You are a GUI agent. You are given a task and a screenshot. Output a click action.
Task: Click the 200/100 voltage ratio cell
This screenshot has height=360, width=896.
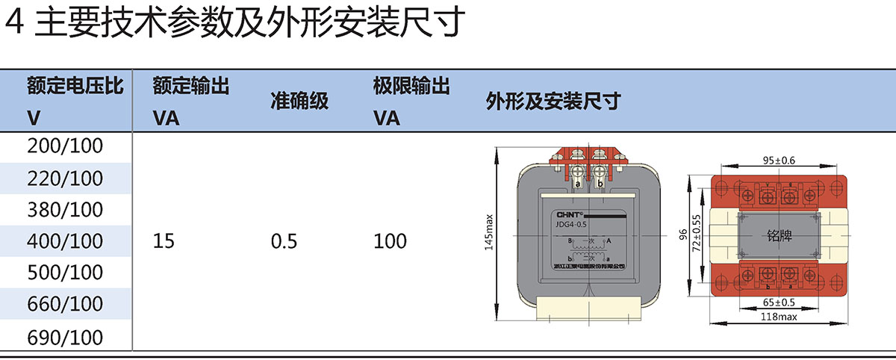pos(65,147)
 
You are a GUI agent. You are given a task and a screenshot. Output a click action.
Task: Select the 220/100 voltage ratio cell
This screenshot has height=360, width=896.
pos(65,179)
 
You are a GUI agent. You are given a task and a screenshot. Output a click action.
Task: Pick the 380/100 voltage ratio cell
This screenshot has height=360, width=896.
pos(65,210)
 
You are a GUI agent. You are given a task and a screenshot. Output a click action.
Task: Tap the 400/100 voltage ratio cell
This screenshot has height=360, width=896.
pos(65,241)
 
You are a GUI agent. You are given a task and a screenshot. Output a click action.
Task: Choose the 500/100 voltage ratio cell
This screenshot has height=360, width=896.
pos(65,273)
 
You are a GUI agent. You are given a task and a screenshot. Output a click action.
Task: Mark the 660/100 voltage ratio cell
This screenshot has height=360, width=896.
pos(65,304)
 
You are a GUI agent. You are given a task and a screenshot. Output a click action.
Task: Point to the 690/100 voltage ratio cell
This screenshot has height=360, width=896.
pos(65,337)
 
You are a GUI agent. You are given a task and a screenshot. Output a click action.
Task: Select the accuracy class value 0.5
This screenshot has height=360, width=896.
pos(284,241)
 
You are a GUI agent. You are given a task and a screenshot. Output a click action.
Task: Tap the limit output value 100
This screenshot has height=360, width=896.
pos(390,241)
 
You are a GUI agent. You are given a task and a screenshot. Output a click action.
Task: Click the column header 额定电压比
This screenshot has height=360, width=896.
pos(75,86)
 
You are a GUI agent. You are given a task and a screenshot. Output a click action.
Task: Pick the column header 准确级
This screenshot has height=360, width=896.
pos(299,102)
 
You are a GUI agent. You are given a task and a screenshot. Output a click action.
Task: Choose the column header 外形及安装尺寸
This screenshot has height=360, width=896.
pos(553,102)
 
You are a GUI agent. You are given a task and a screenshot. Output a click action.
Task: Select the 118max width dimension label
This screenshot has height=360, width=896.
pos(779,317)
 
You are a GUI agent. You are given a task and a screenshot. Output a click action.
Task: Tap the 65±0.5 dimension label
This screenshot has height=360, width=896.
pos(779,302)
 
